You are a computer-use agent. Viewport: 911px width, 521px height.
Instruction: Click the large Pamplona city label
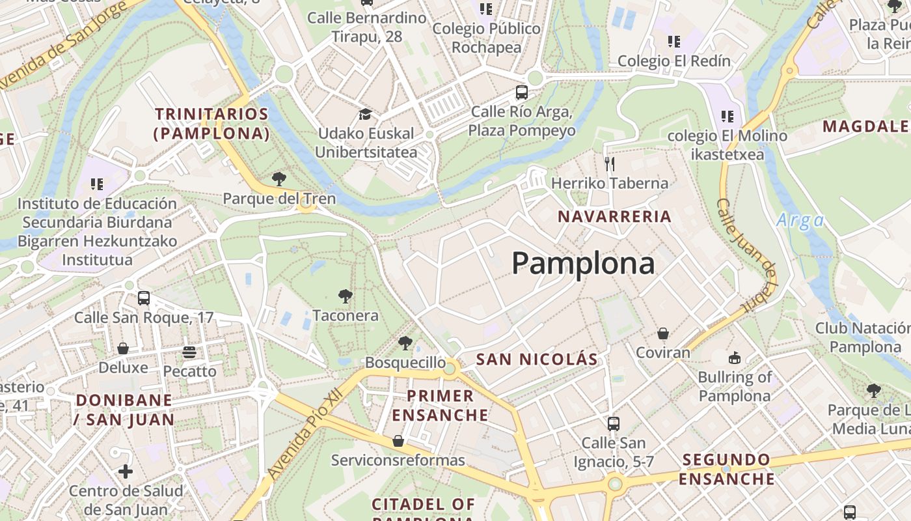pyautogui.click(x=583, y=264)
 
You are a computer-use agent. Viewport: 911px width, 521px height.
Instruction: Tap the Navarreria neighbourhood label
pyautogui.click(x=615, y=217)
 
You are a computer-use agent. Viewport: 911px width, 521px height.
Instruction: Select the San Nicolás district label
pyautogui.click(x=537, y=359)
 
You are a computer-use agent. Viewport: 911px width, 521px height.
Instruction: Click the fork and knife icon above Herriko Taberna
pyautogui.click(x=610, y=163)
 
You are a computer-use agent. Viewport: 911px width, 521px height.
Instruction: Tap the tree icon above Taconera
pyautogui.click(x=346, y=297)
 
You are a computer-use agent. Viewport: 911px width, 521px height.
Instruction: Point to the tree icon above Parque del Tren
pyautogui.click(x=279, y=179)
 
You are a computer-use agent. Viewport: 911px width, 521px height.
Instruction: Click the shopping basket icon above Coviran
pyautogui.click(x=662, y=334)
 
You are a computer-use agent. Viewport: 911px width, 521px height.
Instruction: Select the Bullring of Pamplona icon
pyautogui.click(x=734, y=358)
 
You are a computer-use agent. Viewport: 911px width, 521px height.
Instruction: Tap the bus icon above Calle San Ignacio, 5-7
pyautogui.click(x=613, y=424)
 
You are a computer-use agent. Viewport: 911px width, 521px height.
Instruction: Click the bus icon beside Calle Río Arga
pyautogui.click(x=521, y=92)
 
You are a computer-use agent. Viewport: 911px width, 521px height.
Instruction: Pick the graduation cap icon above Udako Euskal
pyautogui.click(x=365, y=115)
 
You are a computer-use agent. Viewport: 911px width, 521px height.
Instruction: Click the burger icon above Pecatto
pyautogui.click(x=189, y=352)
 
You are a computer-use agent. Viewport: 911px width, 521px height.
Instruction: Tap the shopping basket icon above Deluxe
pyautogui.click(x=123, y=348)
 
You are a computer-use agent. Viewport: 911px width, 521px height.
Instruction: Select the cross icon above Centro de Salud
pyautogui.click(x=126, y=471)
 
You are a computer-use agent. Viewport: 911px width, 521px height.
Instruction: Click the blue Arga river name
pyautogui.click(x=800, y=221)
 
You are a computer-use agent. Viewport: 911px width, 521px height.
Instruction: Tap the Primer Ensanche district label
pyautogui.click(x=441, y=405)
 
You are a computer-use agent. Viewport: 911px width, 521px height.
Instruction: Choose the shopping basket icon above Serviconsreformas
pyautogui.click(x=398, y=442)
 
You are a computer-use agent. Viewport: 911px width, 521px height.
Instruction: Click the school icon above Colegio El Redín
pyautogui.click(x=673, y=42)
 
